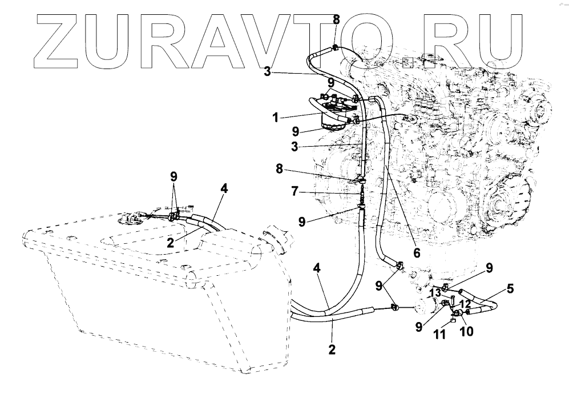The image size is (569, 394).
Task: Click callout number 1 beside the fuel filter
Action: [x=276, y=118]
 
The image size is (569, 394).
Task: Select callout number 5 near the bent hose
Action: [x=510, y=289]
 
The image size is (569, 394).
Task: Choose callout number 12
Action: [x=465, y=303]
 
